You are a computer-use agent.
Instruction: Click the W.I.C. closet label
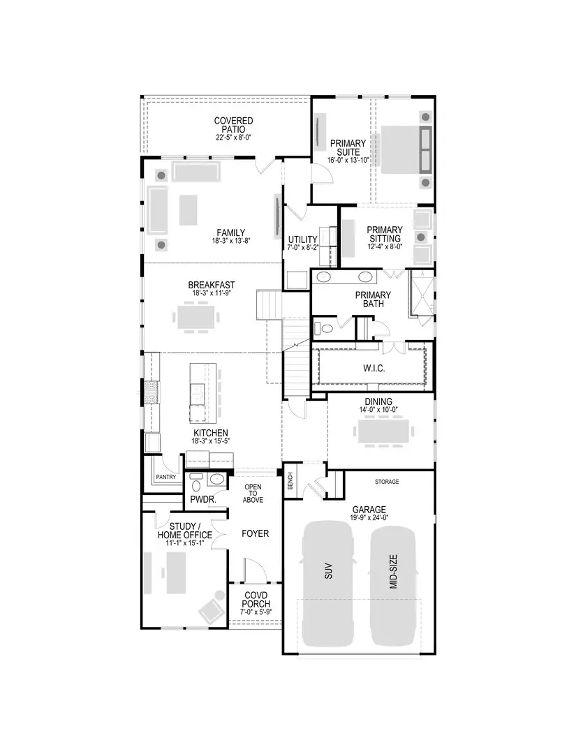point(374,367)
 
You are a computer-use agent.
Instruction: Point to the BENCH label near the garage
point(290,481)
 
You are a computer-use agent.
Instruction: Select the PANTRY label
point(166,477)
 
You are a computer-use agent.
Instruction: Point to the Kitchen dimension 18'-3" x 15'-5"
point(211,441)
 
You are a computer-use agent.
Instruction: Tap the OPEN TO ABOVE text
point(252,493)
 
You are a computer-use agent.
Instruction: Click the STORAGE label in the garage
point(385,482)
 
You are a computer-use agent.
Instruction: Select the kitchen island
point(198,392)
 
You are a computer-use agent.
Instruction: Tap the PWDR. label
point(202,501)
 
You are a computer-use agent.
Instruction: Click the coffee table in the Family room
point(189,210)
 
